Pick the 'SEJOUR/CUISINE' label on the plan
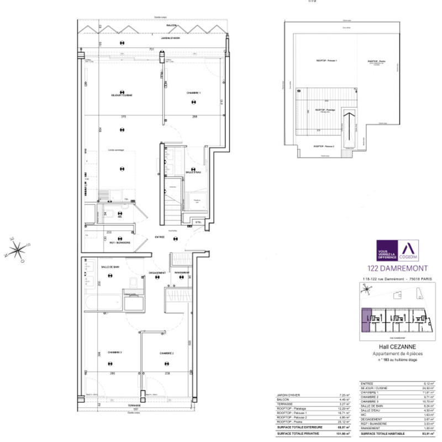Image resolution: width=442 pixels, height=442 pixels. [122, 95]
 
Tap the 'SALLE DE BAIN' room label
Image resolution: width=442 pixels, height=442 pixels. [112, 266]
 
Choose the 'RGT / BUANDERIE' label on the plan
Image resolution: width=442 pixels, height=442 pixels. [119, 243]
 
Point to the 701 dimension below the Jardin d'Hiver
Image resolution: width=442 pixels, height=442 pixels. [151, 49]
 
